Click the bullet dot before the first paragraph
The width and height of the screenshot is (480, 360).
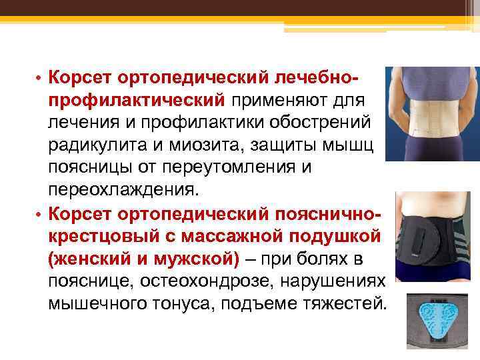click(39, 78)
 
